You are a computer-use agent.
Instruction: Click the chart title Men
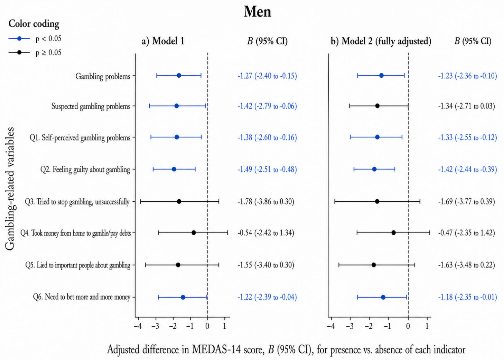click(257, 12)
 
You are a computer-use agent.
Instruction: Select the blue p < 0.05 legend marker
click(20, 39)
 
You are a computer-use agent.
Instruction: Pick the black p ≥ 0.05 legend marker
click(20, 52)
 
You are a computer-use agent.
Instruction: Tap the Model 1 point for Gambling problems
click(179, 76)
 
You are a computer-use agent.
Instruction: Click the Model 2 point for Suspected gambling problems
click(377, 106)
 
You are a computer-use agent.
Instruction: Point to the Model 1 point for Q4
click(193, 233)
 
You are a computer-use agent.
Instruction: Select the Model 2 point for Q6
click(383, 297)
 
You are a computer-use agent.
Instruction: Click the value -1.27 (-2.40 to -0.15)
click(267, 76)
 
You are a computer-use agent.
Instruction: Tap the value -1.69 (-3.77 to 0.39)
click(466, 202)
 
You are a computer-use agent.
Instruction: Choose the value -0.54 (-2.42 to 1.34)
click(266, 233)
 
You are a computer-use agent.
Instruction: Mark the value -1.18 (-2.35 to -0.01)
click(467, 297)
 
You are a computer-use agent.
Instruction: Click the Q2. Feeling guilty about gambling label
click(85, 169)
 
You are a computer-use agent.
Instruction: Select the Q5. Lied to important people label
click(78, 265)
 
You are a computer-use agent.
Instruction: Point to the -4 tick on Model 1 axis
click(138, 326)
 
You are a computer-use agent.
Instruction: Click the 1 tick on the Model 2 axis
click(427, 326)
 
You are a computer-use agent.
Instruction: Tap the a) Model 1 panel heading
click(163, 41)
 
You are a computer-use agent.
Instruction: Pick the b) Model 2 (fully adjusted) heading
click(381, 41)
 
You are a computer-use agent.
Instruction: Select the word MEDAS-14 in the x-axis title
click(226, 350)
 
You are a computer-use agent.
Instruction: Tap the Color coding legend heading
click(34, 24)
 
